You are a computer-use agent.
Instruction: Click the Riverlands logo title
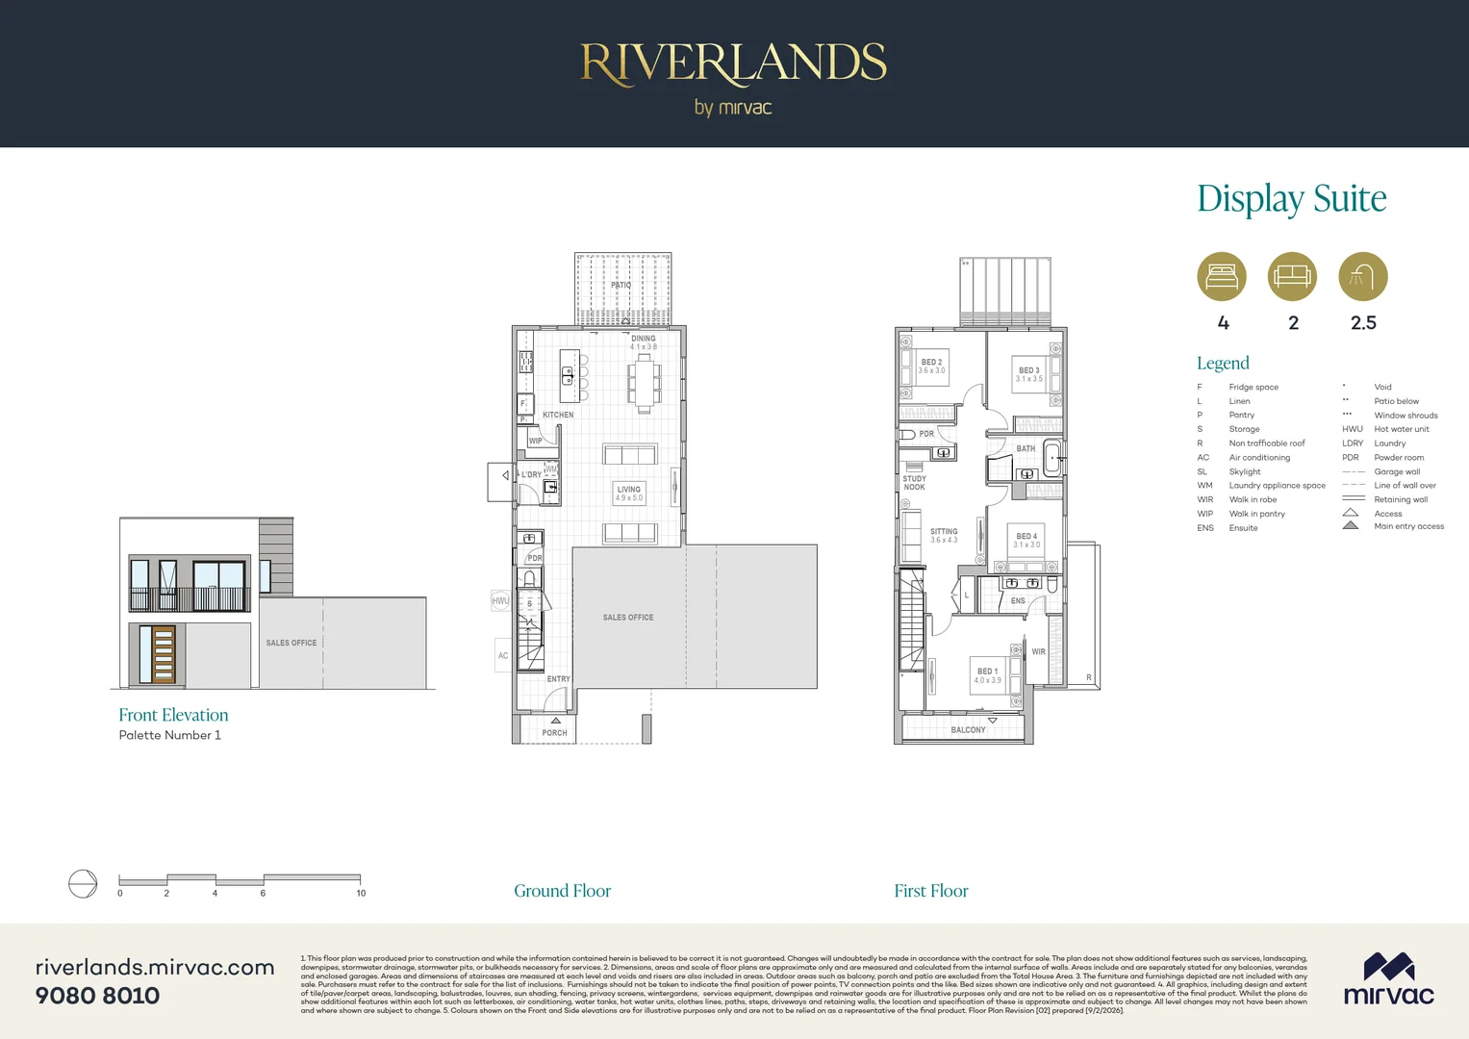pos(733,63)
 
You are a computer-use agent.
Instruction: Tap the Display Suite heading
pos(1291,198)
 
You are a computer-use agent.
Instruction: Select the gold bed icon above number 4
pos(1222,277)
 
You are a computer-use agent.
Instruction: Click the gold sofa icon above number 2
pos(1292,277)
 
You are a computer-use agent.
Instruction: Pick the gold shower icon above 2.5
pos(1363,277)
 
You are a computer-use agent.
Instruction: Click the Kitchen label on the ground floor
pos(558,416)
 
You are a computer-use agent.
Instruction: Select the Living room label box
pos(629,494)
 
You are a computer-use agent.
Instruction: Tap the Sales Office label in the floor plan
pos(628,618)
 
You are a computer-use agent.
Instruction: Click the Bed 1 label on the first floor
pos(988,675)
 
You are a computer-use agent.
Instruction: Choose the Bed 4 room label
pos(1026,541)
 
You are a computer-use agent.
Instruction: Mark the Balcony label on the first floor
pos(968,730)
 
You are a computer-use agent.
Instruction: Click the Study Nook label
pos(914,483)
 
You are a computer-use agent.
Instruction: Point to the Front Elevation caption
pos(173,715)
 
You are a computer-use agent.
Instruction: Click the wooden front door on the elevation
pos(164,654)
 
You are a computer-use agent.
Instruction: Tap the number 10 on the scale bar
pos(361,894)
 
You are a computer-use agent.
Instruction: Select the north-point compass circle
pos(83,883)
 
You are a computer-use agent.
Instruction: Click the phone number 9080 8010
pos(97,996)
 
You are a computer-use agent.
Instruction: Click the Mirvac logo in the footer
pos(1388,980)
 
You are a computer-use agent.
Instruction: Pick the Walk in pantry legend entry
pos(1256,514)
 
